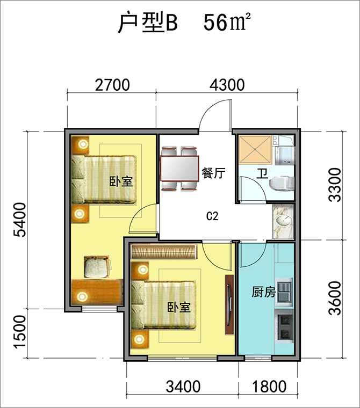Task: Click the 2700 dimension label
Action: (x=112, y=85)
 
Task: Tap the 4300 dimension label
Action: (x=227, y=85)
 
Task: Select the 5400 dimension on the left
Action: (x=20, y=220)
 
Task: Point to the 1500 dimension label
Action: (x=20, y=332)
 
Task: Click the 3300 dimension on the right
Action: (x=335, y=185)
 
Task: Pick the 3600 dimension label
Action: (x=335, y=298)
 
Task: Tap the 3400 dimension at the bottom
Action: (x=183, y=387)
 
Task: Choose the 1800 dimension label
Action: (x=269, y=387)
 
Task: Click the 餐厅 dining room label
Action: (x=213, y=173)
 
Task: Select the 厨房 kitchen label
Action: (x=263, y=292)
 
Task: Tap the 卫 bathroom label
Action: (x=262, y=173)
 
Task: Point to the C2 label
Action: (x=212, y=216)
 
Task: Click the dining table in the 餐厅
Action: (x=180, y=169)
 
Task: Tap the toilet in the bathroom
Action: (x=282, y=184)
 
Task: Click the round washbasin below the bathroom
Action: (x=283, y=221)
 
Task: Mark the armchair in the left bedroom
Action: (x=97, y=267)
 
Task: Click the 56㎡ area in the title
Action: (x=227, y=23)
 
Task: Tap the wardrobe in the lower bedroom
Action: (x=164, y=252)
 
